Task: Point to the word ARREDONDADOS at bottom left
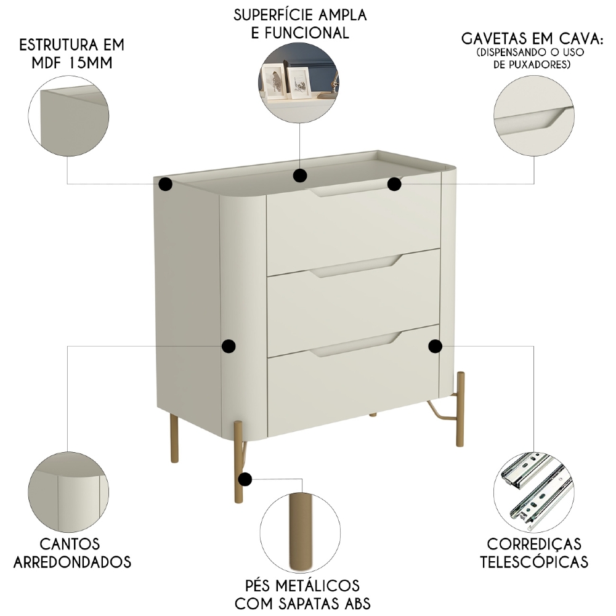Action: point(72,562)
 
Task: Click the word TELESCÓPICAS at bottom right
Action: point(534,562)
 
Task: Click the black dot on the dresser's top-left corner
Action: point(165,184)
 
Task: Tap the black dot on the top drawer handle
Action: point(395,183)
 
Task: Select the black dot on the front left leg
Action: point(246,478)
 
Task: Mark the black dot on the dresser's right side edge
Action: point(436,346)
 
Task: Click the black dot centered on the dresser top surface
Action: point(300,176)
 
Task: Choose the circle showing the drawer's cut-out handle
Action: point(533,117)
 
